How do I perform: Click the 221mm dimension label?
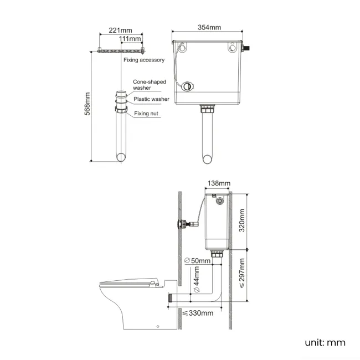coord(120,30)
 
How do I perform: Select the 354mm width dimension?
coord(209,28)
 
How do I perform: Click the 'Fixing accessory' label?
coord(143,60)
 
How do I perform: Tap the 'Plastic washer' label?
coord(151,99)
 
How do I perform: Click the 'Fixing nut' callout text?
coord(147,114)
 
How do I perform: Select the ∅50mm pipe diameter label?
coord(197,260)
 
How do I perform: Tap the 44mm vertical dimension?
coord(196,281)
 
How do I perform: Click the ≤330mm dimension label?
coord(198,313)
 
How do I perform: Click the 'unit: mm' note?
coord(325,342)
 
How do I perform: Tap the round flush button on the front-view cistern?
coord(189,86)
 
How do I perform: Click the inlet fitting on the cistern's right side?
coord(249,49)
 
